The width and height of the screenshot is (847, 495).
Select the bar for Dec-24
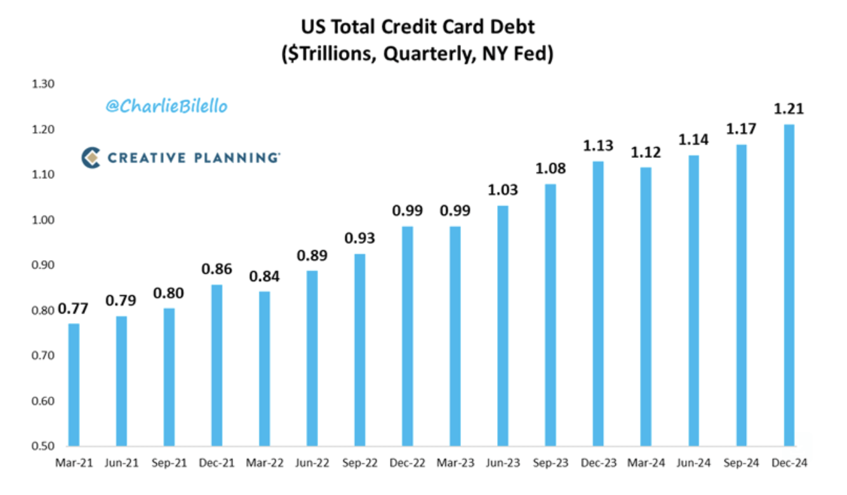pos(789,286)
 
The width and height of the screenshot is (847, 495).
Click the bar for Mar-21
pos(74,385)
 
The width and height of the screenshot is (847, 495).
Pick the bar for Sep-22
pos(360,350)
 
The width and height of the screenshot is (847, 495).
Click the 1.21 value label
pos(789,109)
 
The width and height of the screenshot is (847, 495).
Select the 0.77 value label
pos(74,309)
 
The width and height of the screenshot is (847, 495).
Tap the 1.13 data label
pos(598,146)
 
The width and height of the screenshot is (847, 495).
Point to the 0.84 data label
pos(265,277)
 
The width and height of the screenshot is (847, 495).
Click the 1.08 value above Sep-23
pos(550,169)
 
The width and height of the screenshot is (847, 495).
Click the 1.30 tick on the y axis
pos(44,84)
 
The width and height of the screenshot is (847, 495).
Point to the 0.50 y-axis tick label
pos(44,446)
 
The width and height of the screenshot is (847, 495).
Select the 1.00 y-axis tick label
pos(44,220)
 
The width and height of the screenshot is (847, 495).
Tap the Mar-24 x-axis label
pos(646,463)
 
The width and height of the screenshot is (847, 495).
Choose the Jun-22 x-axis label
pos(312,463)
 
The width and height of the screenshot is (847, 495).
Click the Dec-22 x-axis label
pos(408,463)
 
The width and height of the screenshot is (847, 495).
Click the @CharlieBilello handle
pos(166,107)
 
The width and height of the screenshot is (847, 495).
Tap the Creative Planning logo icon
pos(91,157)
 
